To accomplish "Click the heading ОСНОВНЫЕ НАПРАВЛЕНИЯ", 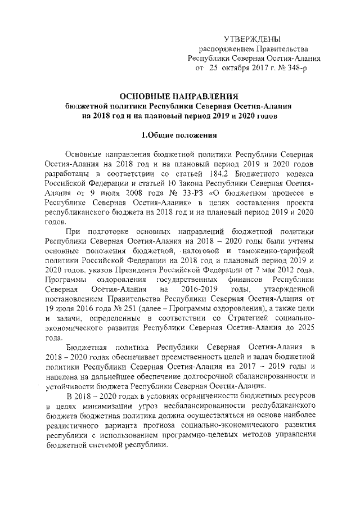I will pos(179,96).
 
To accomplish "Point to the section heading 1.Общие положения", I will pos(179,134).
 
